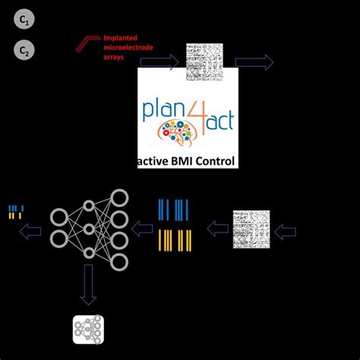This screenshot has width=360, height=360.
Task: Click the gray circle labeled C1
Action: pyautogui.click(x=24, y=22)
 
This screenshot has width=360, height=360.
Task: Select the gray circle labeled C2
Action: pyautogui.click(x=24, y=52)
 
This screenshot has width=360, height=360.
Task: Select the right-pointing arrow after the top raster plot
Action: pyautogui.click(x=258, y=63)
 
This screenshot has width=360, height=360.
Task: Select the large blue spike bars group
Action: pyautogui.click(x=174, y=209)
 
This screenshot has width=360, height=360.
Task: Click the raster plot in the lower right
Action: pyautogui.click(x=251, y=227)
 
